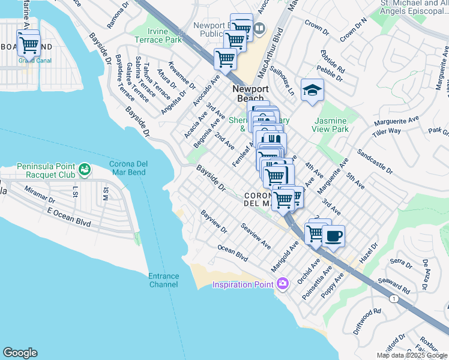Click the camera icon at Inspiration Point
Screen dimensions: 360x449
coord(282,283)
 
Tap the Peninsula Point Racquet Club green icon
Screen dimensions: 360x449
coord(85,170)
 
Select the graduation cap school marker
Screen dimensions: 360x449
coord(312,90)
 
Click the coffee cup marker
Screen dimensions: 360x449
coord(333,235)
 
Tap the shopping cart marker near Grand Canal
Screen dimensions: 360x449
coord(28,44)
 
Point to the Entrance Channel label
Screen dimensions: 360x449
coord(164,280)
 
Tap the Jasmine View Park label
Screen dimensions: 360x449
coord(331,124)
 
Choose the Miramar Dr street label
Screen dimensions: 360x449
coord(40,194)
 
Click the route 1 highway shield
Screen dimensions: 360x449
coord(394,299)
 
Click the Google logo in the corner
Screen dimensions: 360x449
coord(20,353)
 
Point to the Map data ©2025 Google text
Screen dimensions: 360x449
coord(411,355)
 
